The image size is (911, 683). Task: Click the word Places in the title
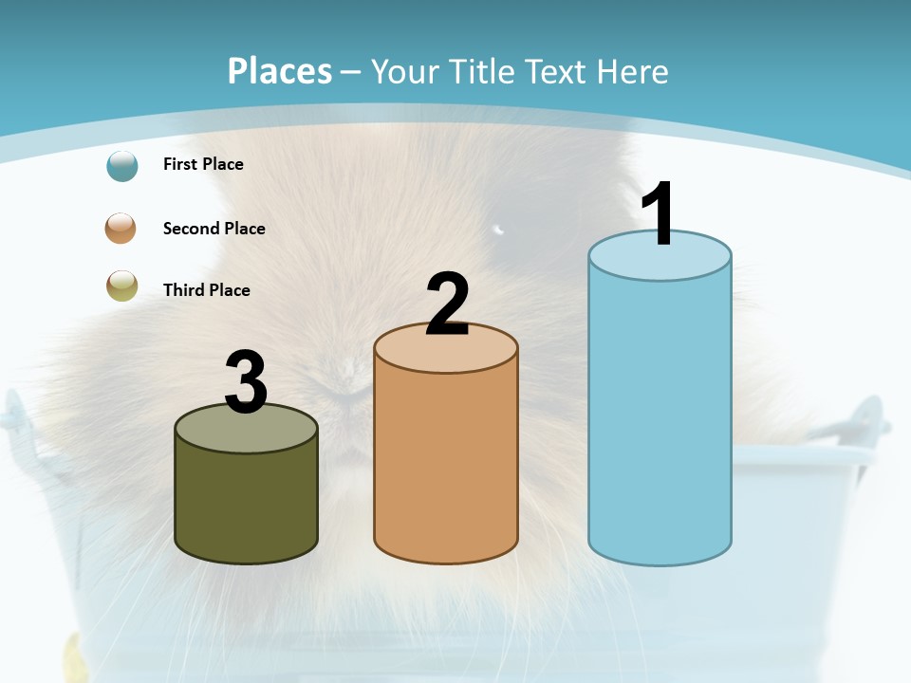coord(279,71)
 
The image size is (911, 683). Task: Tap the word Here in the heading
coord(633,71)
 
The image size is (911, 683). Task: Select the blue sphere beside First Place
coord(122,165)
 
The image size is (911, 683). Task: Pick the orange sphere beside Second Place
coord(121,229)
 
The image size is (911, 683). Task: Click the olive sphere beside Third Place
coord(122,286)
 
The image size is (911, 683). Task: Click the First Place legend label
coord(203,164)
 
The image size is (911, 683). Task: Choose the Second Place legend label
coord(214,229)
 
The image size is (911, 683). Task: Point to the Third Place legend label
coord(206,290)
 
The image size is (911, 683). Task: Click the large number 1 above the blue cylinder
coord(658,213)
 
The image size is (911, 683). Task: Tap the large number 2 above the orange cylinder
coord(447,305)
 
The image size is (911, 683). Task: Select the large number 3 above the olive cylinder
coord(246,382)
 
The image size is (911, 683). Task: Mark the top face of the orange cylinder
coord(446,351)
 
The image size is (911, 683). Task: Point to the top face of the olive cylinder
coord(246,432)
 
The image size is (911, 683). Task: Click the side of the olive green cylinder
coord(246,503)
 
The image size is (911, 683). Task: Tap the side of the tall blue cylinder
coord(660,417)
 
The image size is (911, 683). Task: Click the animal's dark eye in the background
coord(497,229)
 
